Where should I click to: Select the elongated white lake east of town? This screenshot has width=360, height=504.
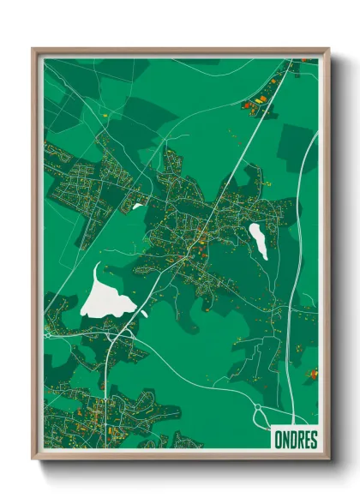point(258,239)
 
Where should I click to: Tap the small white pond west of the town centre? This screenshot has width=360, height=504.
point(137,206)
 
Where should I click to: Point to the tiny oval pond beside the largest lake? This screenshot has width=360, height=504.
point(143,314)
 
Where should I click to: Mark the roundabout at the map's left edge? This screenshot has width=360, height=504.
point(49,334)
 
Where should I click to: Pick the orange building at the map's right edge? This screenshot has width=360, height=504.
point(313,374)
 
